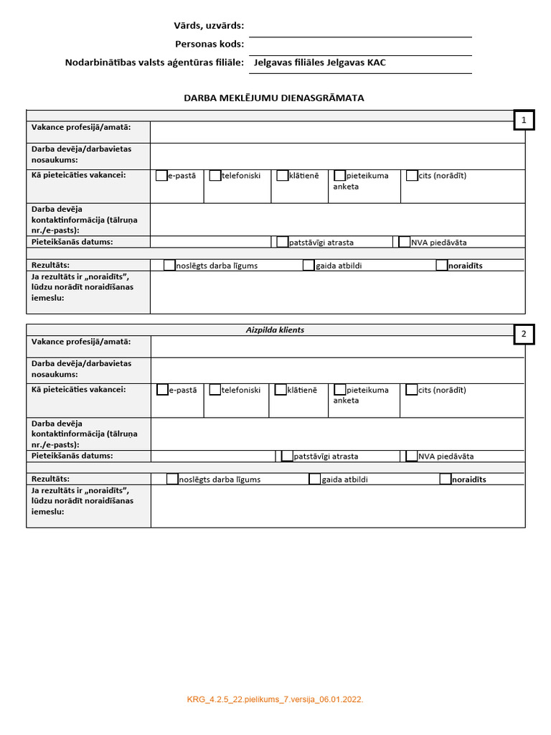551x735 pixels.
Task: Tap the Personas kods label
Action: coord(209,44)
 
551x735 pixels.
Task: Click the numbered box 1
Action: coord(524,121)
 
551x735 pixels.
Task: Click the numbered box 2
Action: coord(524,334)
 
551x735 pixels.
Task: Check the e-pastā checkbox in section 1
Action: coord(161,175)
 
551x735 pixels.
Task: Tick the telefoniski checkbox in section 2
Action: coord(215,390)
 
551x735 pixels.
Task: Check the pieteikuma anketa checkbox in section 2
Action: coord(340,390)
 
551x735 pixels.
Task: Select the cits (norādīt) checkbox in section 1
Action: coord(412,175)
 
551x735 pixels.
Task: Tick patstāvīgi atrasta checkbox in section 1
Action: coord(283,243)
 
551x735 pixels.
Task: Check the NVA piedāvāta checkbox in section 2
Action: coord(412,456)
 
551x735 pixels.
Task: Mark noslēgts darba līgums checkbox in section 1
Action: coord(169,266)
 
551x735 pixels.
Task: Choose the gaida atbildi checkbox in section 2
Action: coord(315,479)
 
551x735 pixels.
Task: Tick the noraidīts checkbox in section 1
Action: coord(442,266)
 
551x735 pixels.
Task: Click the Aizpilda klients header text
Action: coord(275,329)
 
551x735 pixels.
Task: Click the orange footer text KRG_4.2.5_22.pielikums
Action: coord(275,698)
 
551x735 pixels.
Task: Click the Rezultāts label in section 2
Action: coord(50,479)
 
